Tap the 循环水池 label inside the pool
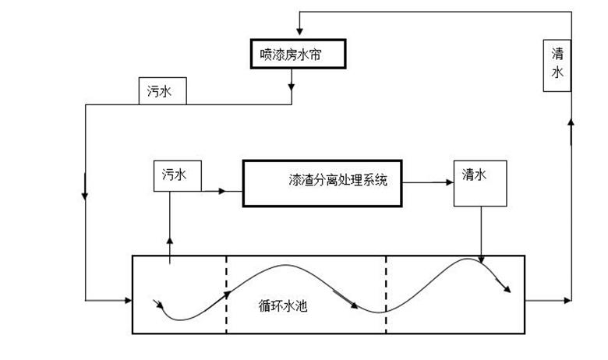(283, 305)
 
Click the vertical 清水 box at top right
(557, 62)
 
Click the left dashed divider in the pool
(226, 295)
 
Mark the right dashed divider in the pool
(386, 295)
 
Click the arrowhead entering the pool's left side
(128, 300)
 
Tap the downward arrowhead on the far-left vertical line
(84, 195)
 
